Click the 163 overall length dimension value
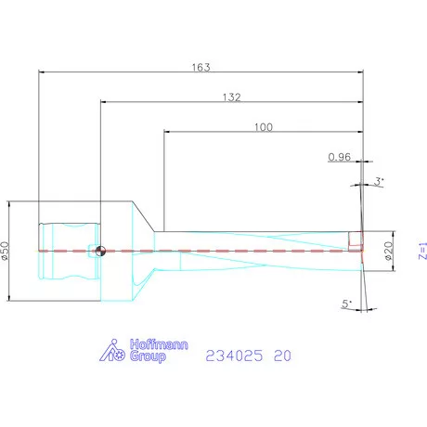point(201,67)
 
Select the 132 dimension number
point(231,97)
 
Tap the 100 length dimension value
point(264,127)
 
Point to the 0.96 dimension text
point(340,157)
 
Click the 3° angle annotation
point(380,181)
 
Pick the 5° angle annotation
point(347,304)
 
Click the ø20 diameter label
point(389,251)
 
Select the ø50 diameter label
point(6,251)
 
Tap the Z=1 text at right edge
point(422,251)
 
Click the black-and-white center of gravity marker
point(100,251)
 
